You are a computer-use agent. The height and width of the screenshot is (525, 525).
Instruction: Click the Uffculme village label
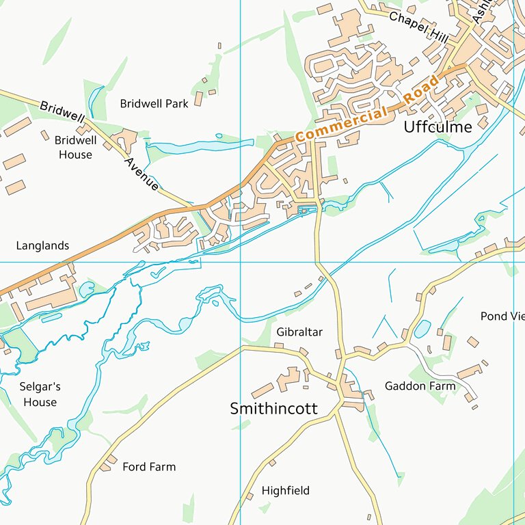[437, 126]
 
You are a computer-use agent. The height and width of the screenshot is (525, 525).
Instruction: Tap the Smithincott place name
[273, 409]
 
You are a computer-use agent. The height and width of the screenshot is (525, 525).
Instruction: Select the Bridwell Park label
[154, 104]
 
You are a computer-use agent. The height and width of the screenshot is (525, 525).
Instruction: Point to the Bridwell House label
[75, 147]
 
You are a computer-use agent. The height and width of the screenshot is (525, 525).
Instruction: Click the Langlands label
[42, 245]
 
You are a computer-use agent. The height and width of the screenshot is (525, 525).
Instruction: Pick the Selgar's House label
[40, 394]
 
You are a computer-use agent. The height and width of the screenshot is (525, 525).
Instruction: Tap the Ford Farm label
[149, 467]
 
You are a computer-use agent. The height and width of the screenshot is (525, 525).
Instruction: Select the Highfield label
[286, 491]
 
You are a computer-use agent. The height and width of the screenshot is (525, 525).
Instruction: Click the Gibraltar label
[299, 332]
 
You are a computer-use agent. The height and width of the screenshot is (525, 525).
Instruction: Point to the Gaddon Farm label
[420, 386]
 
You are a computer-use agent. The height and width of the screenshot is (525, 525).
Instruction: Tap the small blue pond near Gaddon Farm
[422, 329]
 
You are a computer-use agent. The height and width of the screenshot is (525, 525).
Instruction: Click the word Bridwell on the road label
[62, 113]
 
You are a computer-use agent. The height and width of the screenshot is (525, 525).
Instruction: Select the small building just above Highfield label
[271, 463]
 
